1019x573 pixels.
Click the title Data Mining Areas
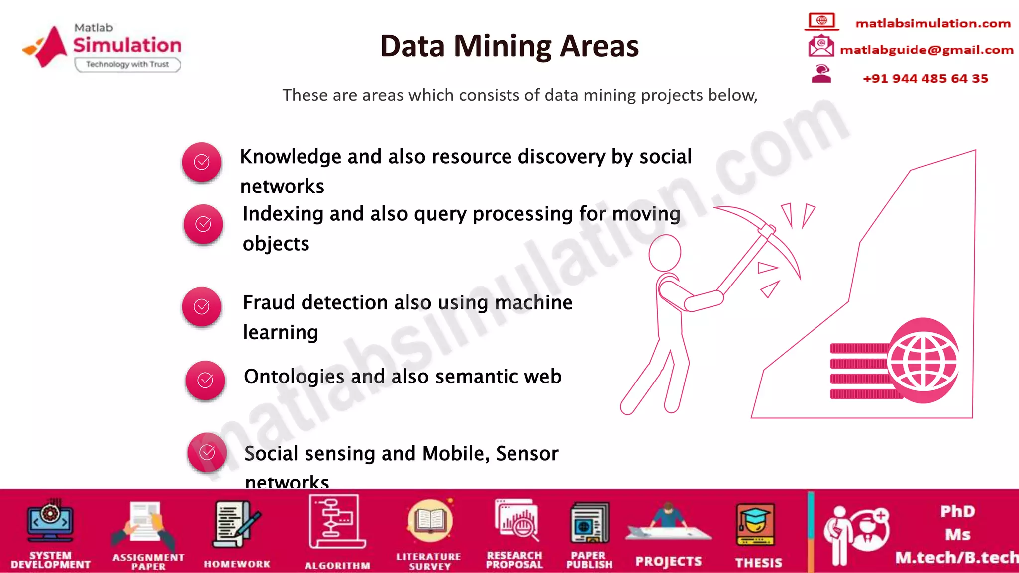(509, 46)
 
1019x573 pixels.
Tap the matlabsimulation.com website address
(932, 23)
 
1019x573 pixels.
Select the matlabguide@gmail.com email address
(926, 50)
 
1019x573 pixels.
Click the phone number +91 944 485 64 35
(925, 79)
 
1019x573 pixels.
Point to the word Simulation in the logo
(127, 45)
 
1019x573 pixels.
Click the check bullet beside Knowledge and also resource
(202, 162)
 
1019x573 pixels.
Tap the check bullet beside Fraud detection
(202, 307)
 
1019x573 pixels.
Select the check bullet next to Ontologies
(205, 381)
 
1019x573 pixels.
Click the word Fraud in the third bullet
(268, 302)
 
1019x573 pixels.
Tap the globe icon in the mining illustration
(923, 361)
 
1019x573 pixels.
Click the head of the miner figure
(665, 253)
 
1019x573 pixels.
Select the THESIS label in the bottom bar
(758, 563)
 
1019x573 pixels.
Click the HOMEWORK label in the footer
(237, 564)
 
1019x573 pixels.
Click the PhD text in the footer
(957, 511)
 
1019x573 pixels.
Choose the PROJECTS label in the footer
(668, 562)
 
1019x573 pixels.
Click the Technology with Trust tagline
(127, 64)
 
